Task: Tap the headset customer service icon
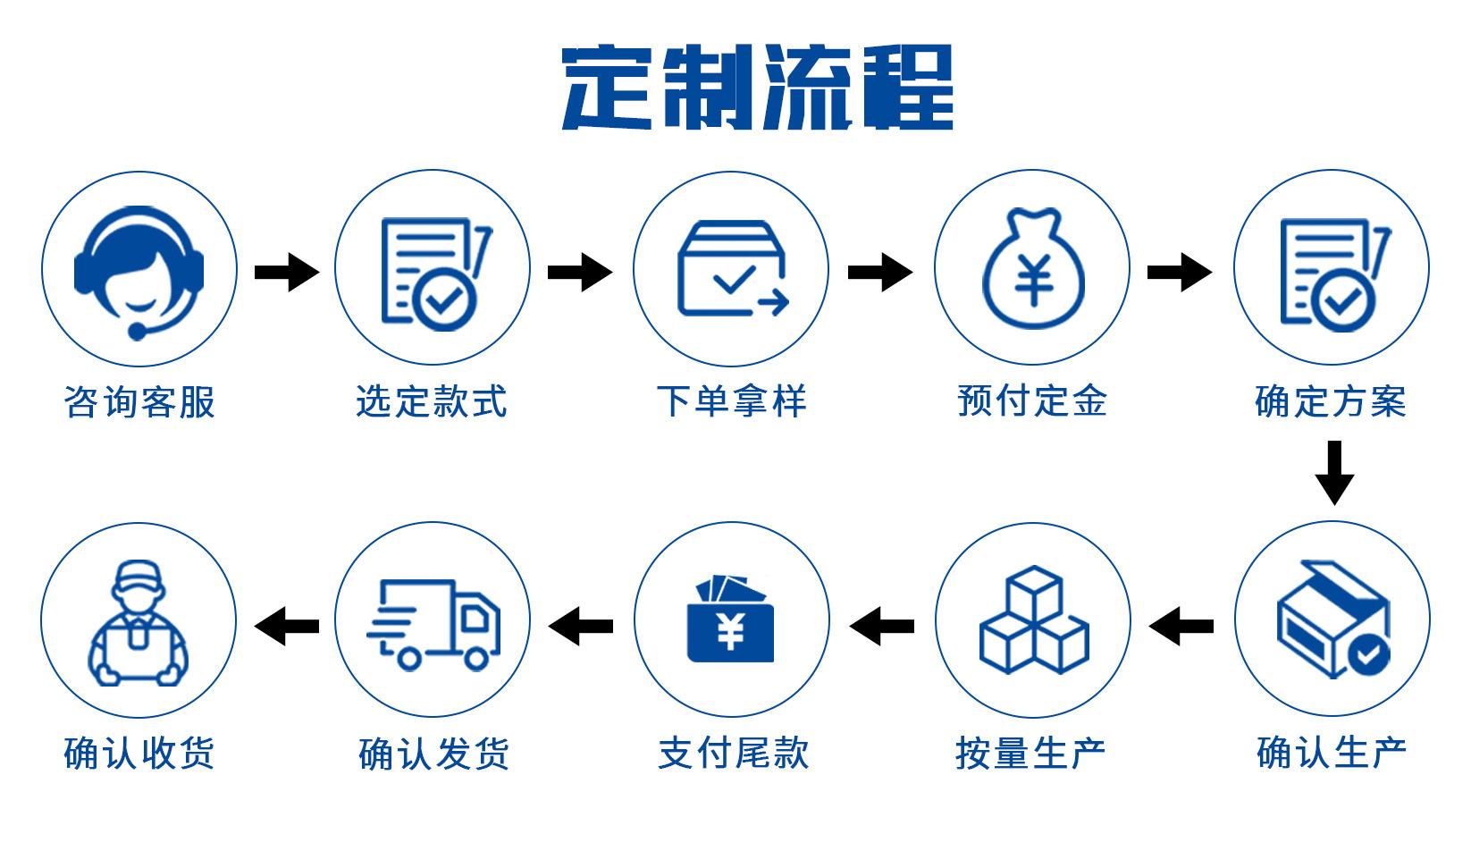coord(139,269)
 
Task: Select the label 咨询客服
coord(139,401)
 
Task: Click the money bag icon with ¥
coord(1032,268)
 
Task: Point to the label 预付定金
coord(1032,400)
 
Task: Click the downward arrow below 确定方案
coord(1333,472)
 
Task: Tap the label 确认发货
coord(433,754)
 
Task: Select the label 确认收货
coord(139,754)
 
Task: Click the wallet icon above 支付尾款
coord(731,620)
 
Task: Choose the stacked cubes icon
coord(1033,620)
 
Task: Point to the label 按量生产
coord(1030,754)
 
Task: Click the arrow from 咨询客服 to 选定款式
coord(286,272)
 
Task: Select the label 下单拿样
coord(731,400)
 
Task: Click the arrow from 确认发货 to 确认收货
coord(287,625)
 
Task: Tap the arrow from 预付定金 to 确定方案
coord(1179,272)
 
